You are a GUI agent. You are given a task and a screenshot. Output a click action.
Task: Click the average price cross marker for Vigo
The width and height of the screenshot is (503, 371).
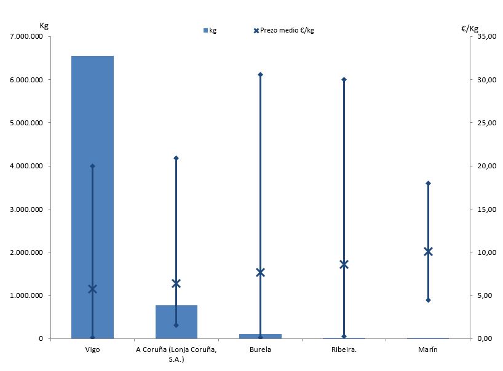pos(93,289)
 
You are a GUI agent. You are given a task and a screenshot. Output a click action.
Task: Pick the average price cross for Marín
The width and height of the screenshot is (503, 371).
pos(428,251)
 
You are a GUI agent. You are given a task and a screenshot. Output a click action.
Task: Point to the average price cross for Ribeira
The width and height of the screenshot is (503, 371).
pos(344,264)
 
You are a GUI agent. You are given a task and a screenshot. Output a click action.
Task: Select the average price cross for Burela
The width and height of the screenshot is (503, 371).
pos(260,272)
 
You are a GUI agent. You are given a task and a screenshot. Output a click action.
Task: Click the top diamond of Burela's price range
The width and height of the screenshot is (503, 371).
pos(260,74)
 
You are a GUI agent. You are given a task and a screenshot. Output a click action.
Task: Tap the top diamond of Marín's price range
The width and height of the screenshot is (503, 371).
pos(428,183)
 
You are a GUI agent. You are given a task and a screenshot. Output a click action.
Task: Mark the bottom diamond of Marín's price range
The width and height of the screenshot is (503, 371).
pos(428,300)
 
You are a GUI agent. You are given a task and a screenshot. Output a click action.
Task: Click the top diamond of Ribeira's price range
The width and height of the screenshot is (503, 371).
pos(344,79)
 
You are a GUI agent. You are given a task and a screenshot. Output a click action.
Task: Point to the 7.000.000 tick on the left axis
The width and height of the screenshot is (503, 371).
pos(25,36)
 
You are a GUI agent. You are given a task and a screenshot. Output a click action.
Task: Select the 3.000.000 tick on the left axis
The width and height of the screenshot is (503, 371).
pos(25,209)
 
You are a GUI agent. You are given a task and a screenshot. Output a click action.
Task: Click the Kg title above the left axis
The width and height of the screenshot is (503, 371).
pos(44,26)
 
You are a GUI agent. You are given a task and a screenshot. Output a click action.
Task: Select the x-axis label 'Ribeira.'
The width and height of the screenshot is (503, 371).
pos(344,350)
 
